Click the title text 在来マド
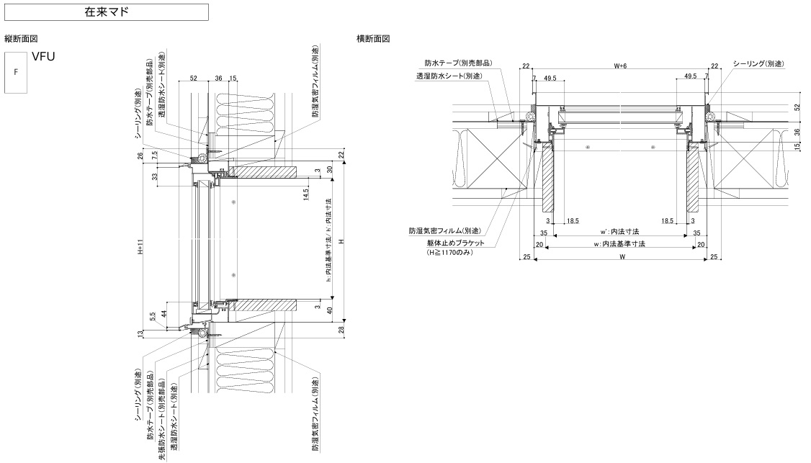pyautogui.click(x=107, y=12)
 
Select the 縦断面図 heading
pyautogui.click(x=21, y=38)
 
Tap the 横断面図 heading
pyautogui.click(x=373, y=38)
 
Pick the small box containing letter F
pyautogui.click(x=16, y=73)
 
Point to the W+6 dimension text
pyautogui.click(x=620, y=66)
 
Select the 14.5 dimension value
pyautogui.click(x=305, y=194)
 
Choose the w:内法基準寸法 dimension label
pyautogui.click(x=619, y=244)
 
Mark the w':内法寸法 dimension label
pyautogui.click(x=619, y=232)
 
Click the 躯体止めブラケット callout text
pyautogui.click(x=454, y=243)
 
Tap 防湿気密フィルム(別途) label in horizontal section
pyautogui.click(x=444, y=231)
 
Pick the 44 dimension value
pyautogui.click(x=165, y=315)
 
